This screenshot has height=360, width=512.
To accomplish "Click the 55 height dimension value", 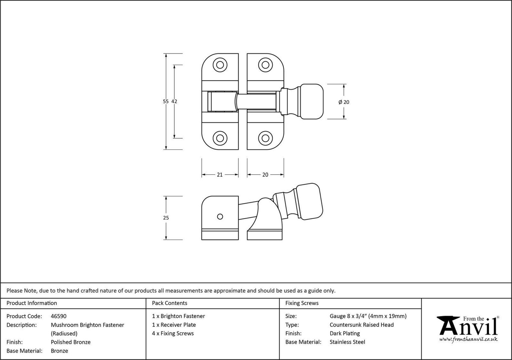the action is (x=166, y=101).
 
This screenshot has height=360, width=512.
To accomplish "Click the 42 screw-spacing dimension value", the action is (x=174, y=101).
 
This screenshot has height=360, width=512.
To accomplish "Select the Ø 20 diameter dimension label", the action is (x=344, y=102).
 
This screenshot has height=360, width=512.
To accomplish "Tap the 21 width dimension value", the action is (x=220, y=175).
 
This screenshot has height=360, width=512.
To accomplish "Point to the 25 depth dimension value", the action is (x=166, y=218).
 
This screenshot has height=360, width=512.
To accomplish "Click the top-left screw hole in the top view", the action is (x=220, y=65).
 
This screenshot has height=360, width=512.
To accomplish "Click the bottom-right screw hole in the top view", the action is (x=265, y=138).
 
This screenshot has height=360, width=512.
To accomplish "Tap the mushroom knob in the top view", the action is (x=312, y=101).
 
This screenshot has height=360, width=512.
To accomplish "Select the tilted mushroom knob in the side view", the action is (x=309, y=201).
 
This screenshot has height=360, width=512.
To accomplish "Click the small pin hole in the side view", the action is (x=220, y=217).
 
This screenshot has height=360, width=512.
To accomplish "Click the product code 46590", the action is (x=59, y=316).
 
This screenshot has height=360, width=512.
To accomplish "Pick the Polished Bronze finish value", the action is (x=71, y=342).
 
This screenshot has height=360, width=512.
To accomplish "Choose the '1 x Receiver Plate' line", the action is (x=174, y=325).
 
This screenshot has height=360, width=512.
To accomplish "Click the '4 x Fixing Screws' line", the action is (x=173, y=333).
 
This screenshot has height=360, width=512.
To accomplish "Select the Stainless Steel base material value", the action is (x=347, y=342).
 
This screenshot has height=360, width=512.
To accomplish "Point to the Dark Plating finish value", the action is (x=345, y=333).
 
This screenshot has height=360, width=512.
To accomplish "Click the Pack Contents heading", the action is (x=169, y=303).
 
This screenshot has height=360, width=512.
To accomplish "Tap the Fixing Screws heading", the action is (x=302, y=303).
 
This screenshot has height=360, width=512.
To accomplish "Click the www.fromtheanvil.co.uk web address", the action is (x=468, y=340).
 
